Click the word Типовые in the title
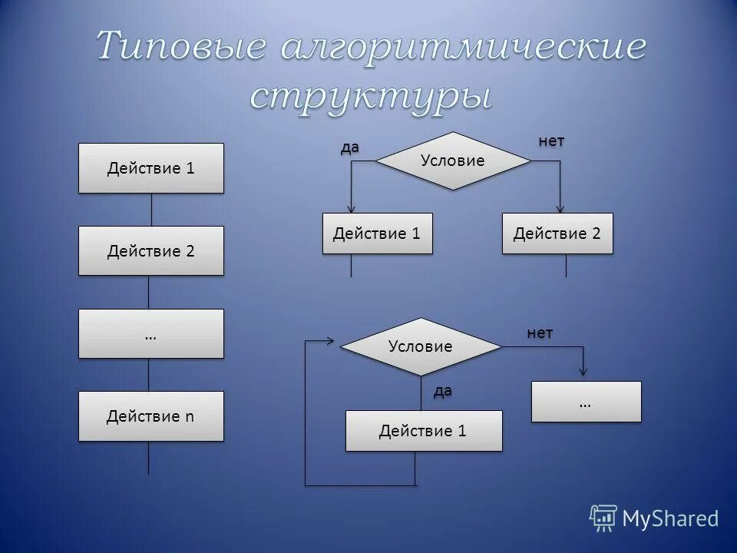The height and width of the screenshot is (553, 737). point(181,48)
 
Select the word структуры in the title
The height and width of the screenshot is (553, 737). point(370,97)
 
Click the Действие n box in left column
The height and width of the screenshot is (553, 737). point(151,416)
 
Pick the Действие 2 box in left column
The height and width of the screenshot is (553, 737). point(151,250)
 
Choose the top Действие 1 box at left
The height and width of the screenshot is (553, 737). point(151,168)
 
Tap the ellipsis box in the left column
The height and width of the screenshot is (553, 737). point(151,334)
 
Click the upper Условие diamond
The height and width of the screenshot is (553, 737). point(453,161)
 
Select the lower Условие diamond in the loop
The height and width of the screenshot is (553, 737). point(421,346)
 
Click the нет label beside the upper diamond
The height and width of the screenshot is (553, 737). point(551,141)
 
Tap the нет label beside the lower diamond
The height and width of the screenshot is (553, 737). point(540,333)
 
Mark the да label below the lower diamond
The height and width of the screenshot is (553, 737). point(443,391)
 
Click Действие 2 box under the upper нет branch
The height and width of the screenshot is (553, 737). point(557,233)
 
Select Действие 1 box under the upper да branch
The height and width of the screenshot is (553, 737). point(377,233)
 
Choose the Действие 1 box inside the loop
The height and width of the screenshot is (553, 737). point(423,431)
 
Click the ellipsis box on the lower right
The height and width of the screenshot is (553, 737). point(586,402)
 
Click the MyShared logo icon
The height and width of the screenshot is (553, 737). point(603,518)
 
